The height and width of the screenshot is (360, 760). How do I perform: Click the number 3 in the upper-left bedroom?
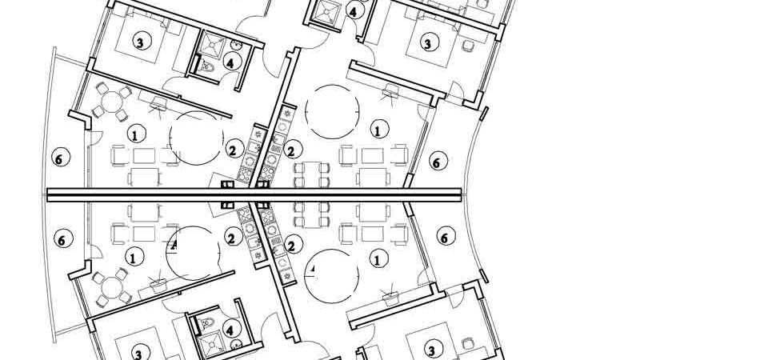(x=141, y=42)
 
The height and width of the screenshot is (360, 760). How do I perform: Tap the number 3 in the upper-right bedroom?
(x=427, y=43)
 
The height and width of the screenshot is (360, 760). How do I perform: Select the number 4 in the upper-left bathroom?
(x=231, y=62)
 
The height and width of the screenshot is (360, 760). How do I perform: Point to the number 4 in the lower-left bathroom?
(x=231, y=329)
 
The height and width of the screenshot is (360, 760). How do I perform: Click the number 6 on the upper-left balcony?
(x=61, y=158)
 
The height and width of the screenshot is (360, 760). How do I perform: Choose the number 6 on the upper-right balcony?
(x=437, y=162)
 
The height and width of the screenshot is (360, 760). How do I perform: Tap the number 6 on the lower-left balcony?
(x=62, y=239)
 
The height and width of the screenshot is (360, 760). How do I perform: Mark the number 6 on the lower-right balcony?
(x=445, y=237)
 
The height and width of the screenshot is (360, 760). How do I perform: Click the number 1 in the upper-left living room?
(x=136, y=134)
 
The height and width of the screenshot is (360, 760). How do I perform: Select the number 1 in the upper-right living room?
(x=378, y=129)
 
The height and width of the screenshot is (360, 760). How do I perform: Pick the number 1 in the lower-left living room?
(x=134, y=258)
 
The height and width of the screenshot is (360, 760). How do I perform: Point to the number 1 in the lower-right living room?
(x=378, y=260)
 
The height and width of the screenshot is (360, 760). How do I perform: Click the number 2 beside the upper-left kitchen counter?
(x=234, y=150)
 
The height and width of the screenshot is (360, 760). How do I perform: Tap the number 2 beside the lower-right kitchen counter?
(x=292, y=246)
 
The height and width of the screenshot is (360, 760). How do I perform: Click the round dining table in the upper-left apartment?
(x=111, y=102)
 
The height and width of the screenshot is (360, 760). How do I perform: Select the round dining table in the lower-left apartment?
(x=111, y=288)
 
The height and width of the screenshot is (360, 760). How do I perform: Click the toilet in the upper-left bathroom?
(x=207, y=66)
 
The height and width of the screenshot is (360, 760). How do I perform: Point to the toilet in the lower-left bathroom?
(x=207, y=322)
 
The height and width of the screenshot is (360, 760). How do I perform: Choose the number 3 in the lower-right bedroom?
(x=430, y=349)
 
